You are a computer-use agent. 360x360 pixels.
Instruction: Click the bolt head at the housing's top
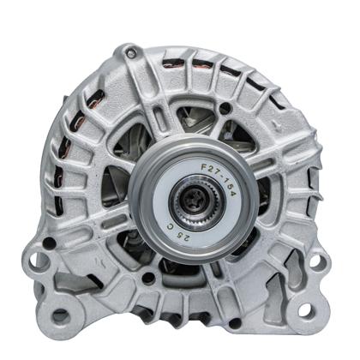click(x=130, y=54)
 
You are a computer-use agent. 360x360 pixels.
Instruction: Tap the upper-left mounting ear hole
click(x=36, y=259)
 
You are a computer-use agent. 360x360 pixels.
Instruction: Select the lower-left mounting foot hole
click(x=61, y=317)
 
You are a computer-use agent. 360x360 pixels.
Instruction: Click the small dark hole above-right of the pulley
click(x=225, y=109)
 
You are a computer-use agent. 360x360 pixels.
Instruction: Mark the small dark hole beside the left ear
click(x=50, y=243)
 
